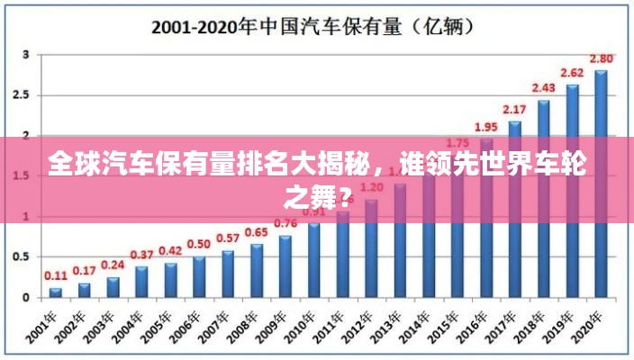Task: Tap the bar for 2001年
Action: [56, 292]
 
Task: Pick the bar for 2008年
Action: [257, 270]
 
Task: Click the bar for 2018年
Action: [543, 198]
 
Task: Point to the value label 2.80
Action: [602, 58]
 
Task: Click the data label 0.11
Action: [56, 275]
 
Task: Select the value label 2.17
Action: [515, 110]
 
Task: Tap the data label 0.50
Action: [199, 244]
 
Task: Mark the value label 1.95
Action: [486, 127]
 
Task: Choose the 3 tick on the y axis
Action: [26, 55]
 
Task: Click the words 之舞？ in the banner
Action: [318, 193]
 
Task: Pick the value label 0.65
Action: [257, 232]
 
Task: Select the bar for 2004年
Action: [141, 281]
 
